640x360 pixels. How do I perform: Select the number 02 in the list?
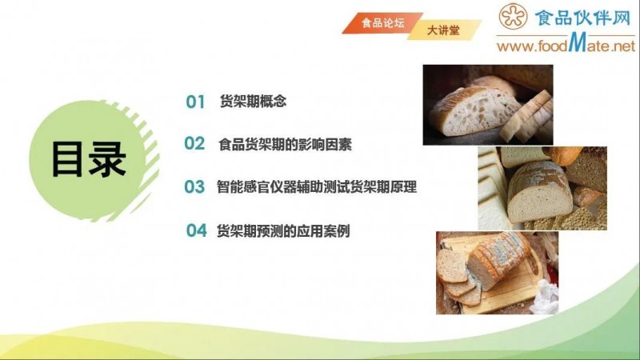pyautogui.click(x=195, y=144)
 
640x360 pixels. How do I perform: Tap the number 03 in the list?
pyautogui.click(x=195, y=187)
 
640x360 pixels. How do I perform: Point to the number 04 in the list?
pyautogui.click(x=197, y=230)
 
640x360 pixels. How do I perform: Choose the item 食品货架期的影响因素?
pyautogui.click(x=285, y=145)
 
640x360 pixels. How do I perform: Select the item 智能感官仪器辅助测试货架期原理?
pyautogui.click(x=316, y=187)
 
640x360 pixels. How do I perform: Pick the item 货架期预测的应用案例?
pyautogui.click(x=283, y=230)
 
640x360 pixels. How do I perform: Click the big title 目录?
pyautogui.click(x=89, y=158)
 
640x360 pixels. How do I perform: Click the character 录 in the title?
pyautogui.click(x=107, y=158)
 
